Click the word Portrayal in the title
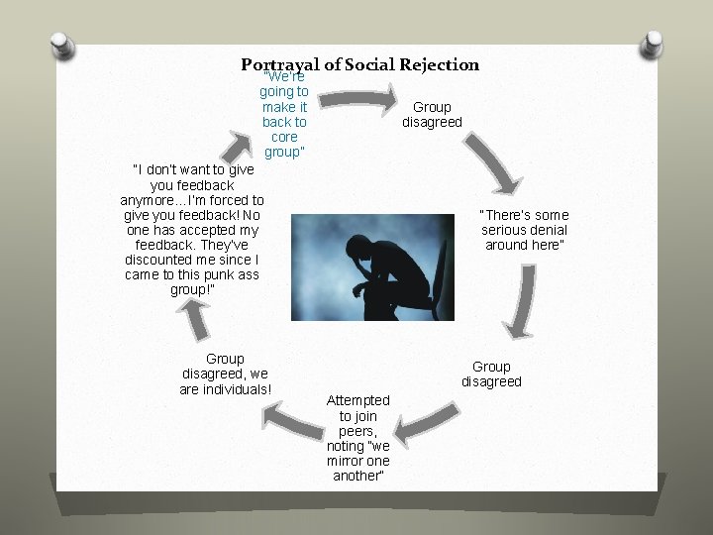coord(282,65)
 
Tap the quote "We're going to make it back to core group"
coord(285,114)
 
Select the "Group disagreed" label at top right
coord(432,114)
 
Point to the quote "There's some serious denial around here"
coord(525,230)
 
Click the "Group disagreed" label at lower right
coord(491,374)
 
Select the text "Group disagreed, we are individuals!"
coord(225,374)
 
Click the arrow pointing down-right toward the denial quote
coord(493,162)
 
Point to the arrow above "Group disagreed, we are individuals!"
coord(197,319)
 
